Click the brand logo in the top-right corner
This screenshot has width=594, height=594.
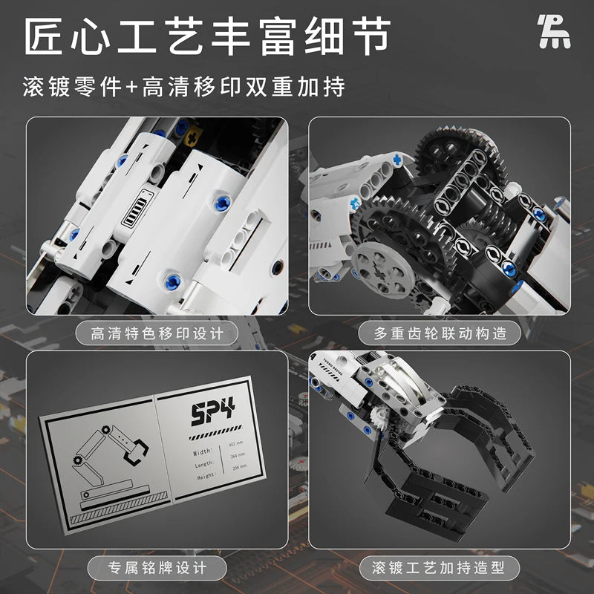click(554, 33)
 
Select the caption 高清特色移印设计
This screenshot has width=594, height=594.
click(155, 333)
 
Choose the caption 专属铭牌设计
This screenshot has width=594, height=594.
click(155, 569)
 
